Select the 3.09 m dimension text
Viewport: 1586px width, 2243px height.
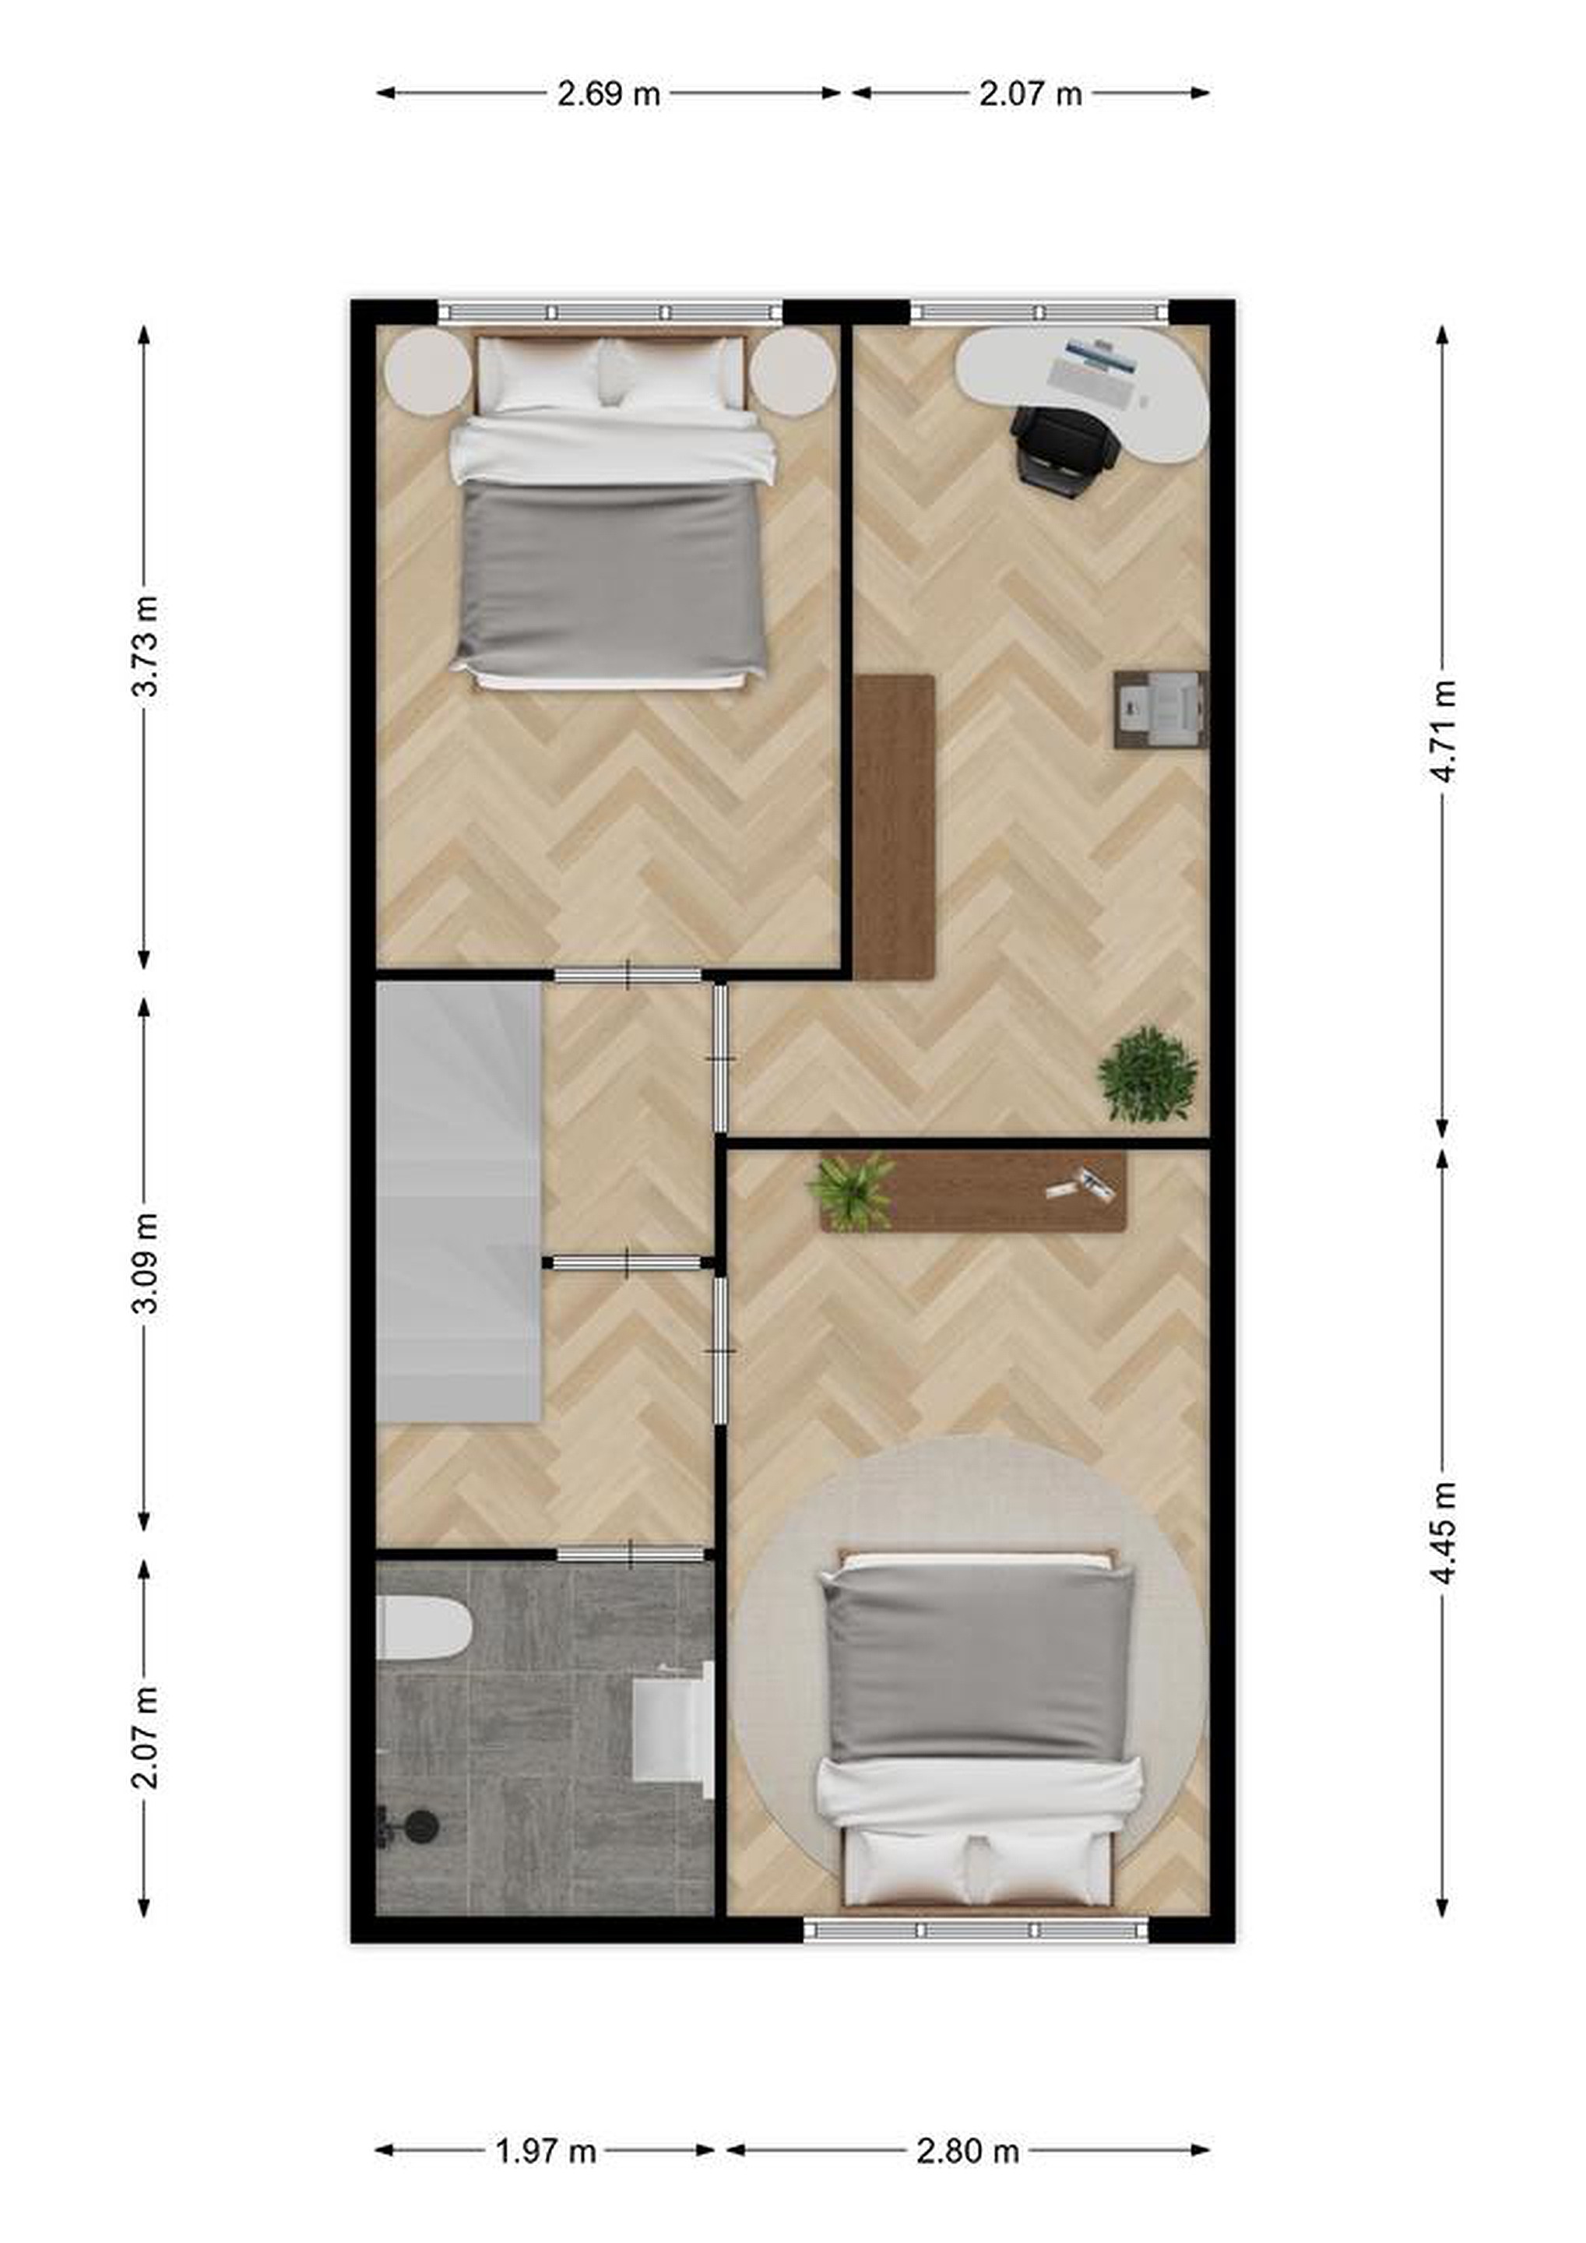pos(145,1263)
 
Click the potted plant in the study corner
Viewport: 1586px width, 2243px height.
pos(1148,1075)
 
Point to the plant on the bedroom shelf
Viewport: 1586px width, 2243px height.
pos(851,1190)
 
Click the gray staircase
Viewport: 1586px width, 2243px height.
pos(459,1202)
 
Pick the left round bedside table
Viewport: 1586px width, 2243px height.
pos(429,370)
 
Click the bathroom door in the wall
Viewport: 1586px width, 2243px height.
pos(631,1553)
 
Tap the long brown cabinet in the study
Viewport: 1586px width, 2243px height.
pos(895,826)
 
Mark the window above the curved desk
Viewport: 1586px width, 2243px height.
pos(1039,312)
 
